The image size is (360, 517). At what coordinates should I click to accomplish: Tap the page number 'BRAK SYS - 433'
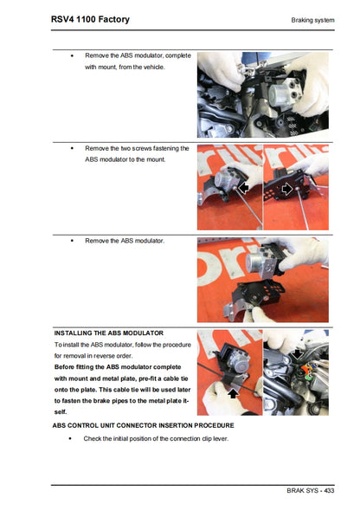pyautogui.click(x=310, y=490)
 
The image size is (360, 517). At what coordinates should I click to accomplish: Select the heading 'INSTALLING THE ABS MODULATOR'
pyautogui.click(x=108, y=333)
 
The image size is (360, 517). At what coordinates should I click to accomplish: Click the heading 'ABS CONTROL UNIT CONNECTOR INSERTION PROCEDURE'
pyautogui.click(x=143, y=425)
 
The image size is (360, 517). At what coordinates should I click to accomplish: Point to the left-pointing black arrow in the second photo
pyautogui.click(x=245, y=187)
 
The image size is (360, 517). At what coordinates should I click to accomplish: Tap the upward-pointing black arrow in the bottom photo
pyautogui.click(x=232, y=391)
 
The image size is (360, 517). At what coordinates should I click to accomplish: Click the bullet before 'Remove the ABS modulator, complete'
pyautogui.click(x=72, y=55)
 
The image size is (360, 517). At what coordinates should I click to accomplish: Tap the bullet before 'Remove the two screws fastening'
pyautogui.click(x=72, y=148)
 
